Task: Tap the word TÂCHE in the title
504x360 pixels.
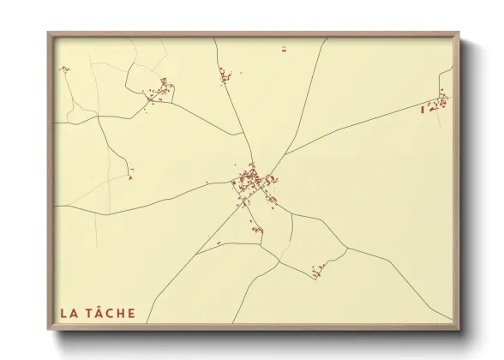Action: pyautogui.click(x=110, y=313)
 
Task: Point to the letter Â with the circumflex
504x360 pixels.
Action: pyautogui.click(x=96, y=313)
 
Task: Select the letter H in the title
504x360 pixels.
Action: pyautogui.click(x=119, y=313)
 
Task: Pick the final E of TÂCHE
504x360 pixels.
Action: pyautogui.click(x=130, y=313)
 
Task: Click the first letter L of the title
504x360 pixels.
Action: pyautogui.click(x=62, y=313)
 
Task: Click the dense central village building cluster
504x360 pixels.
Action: pyautogui.click(x=253, y=183)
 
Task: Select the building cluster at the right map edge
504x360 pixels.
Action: pyautogui.click(x=438, y=103)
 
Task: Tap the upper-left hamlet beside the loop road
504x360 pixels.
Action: pyautogui.click(x=159, y=89)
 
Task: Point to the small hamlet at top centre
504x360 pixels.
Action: pyautogui.click(x=226, y=75)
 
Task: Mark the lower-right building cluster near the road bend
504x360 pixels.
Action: pyautogui.click(x=321, y=272)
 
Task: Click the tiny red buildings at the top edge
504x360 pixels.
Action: pyautogui.click(x=283, y=49)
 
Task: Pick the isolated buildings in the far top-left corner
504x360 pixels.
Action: pyautogui.click(x=63, y=69)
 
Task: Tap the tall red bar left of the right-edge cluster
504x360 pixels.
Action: pyautogui.click(x=423, y=109)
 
